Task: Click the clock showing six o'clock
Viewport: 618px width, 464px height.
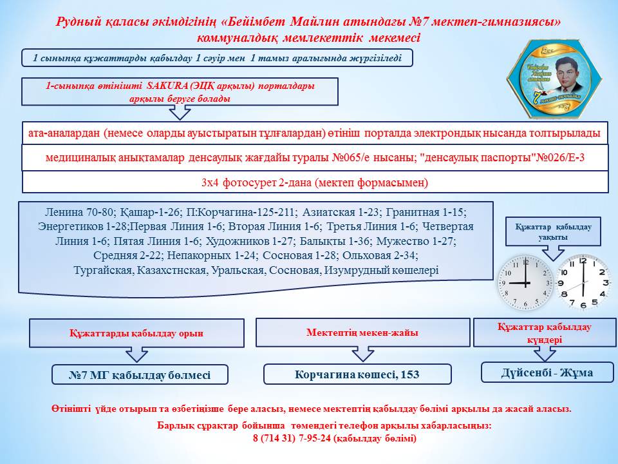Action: [x=583, y=282]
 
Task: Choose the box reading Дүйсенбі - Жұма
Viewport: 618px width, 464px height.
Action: [x=547, y=372]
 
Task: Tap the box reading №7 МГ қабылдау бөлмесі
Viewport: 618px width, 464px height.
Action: [x=140, y=375]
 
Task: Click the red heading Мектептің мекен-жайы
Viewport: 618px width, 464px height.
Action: [x=361, y=333]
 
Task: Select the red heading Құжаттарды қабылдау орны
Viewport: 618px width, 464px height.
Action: [x=136, y=333]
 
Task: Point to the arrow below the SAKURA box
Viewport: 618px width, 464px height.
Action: [x=180, y=113]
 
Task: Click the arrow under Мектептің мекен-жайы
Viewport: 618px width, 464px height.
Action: [x=362, y=354]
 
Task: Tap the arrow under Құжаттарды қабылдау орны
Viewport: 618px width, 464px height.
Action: [x=137, y=355]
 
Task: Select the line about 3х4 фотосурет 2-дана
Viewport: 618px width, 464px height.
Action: [x=315, y=182]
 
